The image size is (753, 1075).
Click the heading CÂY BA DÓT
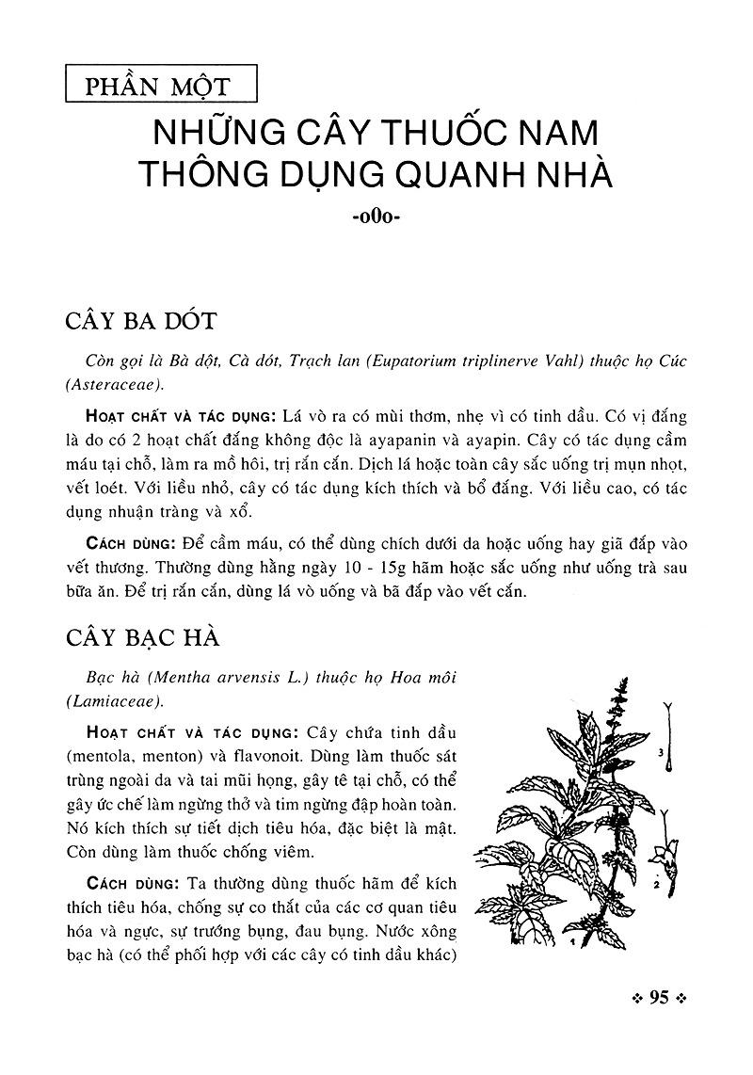click(x=141, y=321)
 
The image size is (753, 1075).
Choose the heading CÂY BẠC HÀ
click(x=142, y=637)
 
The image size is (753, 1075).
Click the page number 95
click(x=658, y=998)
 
